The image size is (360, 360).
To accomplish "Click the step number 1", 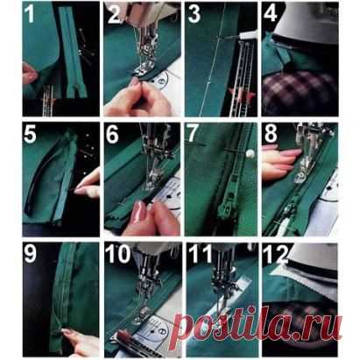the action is tap(30, 14).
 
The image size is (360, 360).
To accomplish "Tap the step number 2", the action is tap(113, 13).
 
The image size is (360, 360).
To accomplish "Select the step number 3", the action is tap(194, 13).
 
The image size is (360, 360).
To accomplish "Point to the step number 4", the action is tap(270, 13).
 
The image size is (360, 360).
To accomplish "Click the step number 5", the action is tap(30, 134).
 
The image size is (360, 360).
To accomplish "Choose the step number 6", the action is tap(112, 135).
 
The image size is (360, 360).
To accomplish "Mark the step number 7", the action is tap(193, 135).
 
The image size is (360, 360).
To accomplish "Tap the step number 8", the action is tap(271, 135).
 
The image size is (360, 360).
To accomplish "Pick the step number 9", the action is tap(30, 254).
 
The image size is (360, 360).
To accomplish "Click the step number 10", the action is tap(117, 254).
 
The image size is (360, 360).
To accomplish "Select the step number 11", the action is tap(200, 254).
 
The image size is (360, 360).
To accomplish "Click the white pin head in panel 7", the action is tap(249, 152).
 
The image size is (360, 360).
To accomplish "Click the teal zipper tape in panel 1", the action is tap(72, 53).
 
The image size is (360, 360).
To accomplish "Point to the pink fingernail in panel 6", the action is tap(140, 212).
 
